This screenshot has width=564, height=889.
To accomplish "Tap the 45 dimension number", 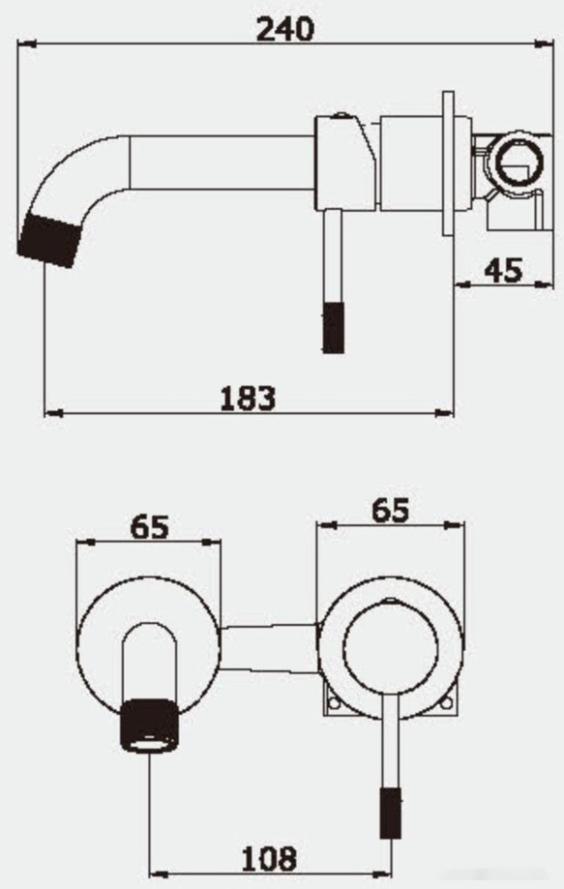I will (502, 270).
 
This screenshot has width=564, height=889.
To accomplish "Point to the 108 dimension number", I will (269, 859).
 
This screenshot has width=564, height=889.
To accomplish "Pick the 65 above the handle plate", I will (390, 510).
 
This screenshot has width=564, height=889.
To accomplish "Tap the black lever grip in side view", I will (333, 326).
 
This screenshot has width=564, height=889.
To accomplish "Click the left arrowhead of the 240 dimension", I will (26, 43).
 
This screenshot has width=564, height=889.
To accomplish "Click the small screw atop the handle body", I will (341, 116).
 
